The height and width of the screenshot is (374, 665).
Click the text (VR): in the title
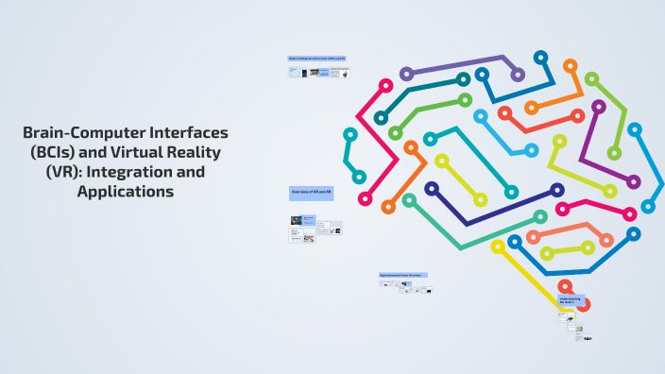click(x=63, y=173)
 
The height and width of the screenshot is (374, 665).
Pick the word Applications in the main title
click(x=126, y=192)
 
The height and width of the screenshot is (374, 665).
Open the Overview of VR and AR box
click(x=311, y=193)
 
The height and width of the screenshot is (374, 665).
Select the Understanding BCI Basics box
click(x=572, y=301)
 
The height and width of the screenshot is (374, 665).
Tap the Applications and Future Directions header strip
click(x=403, y=276)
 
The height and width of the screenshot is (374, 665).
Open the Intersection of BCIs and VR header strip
click(x=317, y=59)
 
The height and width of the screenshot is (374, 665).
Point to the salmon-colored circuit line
click(x=576, y=231)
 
